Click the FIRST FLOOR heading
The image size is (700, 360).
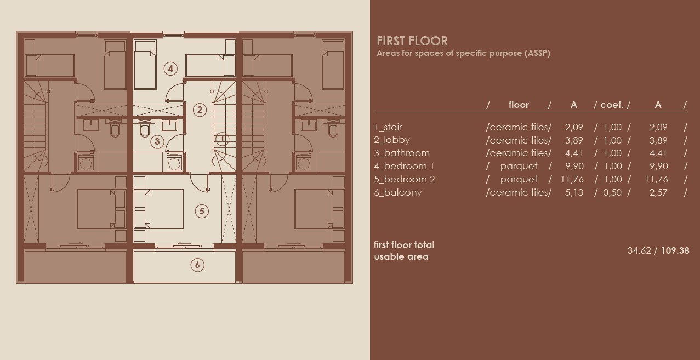click(x=412, y=41)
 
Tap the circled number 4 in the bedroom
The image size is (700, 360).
click(x=171, y=68)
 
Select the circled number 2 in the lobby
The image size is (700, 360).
click(x=200, y=110)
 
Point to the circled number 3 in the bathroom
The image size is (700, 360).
click(x=157, y=141)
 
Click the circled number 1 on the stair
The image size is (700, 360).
click(x=222, y=139)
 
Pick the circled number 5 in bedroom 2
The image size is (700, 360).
click(x=201, y=211)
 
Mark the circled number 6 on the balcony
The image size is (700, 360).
click(x=197, y=265)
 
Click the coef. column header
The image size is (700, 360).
click(x=612, y=105)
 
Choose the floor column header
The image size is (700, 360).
click(x=519, y=105)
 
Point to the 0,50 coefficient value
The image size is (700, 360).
click(x=612, y=192)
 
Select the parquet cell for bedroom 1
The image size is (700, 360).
click(x=519, y=166)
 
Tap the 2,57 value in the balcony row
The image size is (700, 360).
click(x=658, y=192)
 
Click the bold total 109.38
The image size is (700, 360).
click(x=675, y=250)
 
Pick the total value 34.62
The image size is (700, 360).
click(x=639, y=250)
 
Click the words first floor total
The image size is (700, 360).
click(x=404, y=245)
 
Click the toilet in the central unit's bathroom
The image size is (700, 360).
click(x=145, y=130)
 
